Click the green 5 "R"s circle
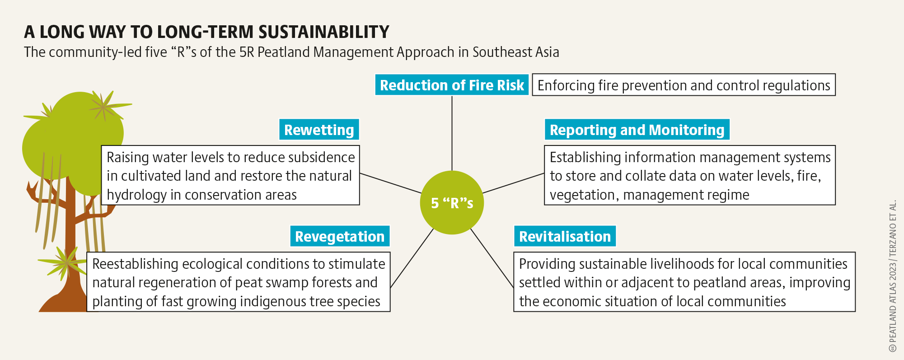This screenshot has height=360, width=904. point(452,202)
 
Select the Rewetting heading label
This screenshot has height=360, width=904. point(319,130)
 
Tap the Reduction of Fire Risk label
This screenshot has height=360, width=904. point(452,85)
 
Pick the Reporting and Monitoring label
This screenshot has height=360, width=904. point(637,130)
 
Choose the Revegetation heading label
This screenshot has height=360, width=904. point(340,236)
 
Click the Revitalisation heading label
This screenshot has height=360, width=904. point(565,236)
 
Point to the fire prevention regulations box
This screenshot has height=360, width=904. point(684,85)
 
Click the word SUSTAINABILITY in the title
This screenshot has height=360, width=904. point(324,32)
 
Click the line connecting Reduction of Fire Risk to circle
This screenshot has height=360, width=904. point(452,133)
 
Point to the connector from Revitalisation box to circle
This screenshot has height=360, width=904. point(492,258)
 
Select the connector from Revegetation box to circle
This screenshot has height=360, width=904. point(412,258)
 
